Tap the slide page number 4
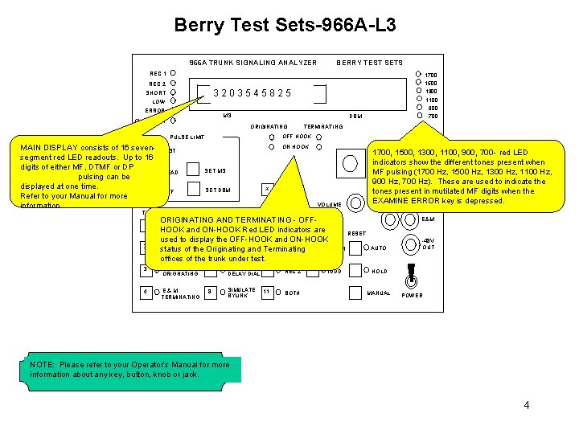click(x=526, y=405)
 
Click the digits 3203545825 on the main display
click(x=252, y=93)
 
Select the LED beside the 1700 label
click(x=417, y=75)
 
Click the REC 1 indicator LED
click(x=174, y=74)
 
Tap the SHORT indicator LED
click(x=174, y=92)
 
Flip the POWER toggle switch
click(x=413, y=276)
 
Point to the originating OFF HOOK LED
click(x=272, y=136)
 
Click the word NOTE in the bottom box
click(x=43, y=365)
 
